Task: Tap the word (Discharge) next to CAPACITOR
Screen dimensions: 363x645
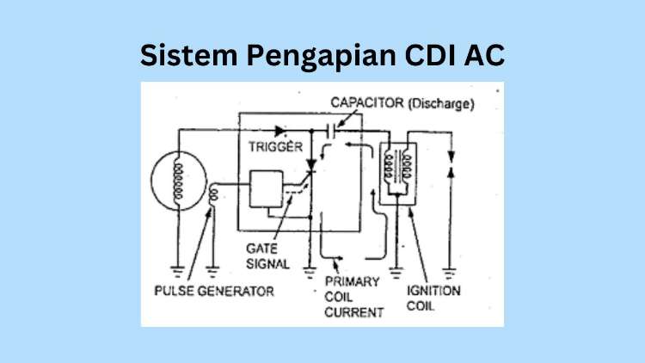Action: click(441, 105)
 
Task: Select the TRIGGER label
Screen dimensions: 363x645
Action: click(274, 146)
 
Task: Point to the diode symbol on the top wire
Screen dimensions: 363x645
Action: click(280, 132)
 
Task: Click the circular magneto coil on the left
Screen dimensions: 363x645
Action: click(179, 182)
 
